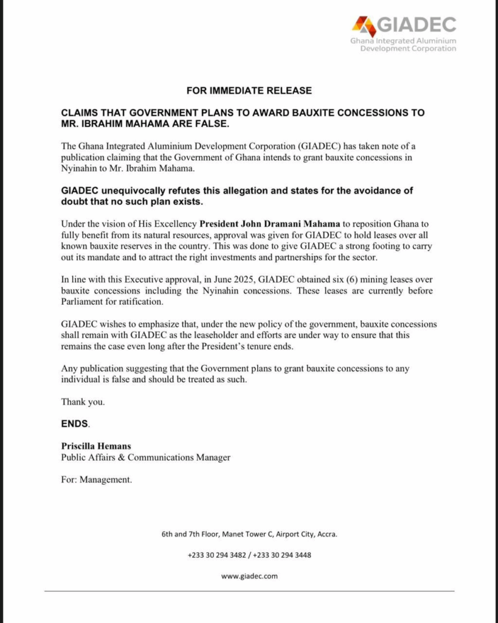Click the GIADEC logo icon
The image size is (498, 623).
tap(364, 26)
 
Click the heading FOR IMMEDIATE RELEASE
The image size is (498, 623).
tap(249, 91)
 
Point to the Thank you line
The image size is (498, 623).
tap(83, 402)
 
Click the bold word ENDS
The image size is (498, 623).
tap(74, 423)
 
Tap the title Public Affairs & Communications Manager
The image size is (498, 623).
tap(145, 458)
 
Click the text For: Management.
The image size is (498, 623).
tap(96, 479)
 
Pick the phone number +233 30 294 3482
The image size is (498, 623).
tap(217, 555)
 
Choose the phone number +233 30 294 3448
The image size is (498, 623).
tap(282, 555)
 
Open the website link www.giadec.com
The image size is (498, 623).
tap(249, 576)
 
